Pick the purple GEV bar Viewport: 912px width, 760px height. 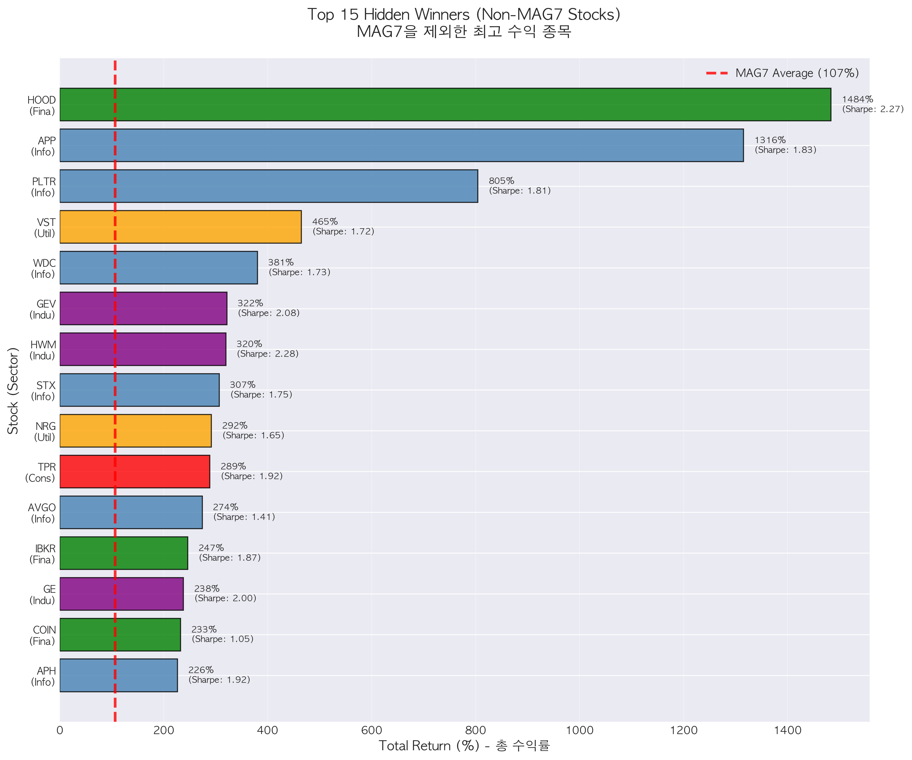pos(143,308)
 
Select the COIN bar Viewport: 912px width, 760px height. pos(120,635)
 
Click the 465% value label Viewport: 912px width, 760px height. pos(325,222)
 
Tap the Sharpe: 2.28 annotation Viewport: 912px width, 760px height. pos(267,354)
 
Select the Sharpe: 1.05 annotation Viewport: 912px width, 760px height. pos(222,639)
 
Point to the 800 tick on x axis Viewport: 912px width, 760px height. pos(475,731)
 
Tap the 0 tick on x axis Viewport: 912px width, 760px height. pos(60,731)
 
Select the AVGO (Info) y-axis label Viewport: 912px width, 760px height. pos(42,513)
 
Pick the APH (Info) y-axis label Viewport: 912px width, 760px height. pos(43,676)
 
